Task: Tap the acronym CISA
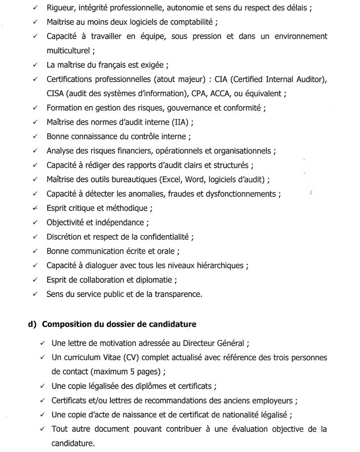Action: (56, 94)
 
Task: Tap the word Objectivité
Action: (67, 222)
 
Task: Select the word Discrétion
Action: (65, 237)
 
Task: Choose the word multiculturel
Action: (68, 51)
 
